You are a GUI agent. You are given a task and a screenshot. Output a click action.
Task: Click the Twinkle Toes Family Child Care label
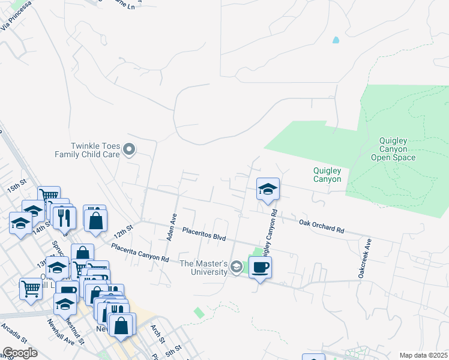point(88,150)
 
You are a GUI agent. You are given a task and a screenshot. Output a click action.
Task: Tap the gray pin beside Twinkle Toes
point(129,149)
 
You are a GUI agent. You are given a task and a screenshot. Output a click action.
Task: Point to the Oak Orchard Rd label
point(322,226)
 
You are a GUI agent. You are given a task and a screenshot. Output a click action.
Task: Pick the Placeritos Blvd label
point(204,233)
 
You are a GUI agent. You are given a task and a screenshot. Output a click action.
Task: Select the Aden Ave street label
point(171,227)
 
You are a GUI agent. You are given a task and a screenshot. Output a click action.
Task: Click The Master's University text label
point(204,268)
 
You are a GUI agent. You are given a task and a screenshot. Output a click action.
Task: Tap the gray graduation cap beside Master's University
point(237,267)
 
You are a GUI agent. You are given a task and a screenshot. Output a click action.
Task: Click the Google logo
point(20,353)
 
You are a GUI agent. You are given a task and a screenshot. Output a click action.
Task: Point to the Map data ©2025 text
point(423,355)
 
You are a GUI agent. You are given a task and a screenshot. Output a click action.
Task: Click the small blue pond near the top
point(336,41)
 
